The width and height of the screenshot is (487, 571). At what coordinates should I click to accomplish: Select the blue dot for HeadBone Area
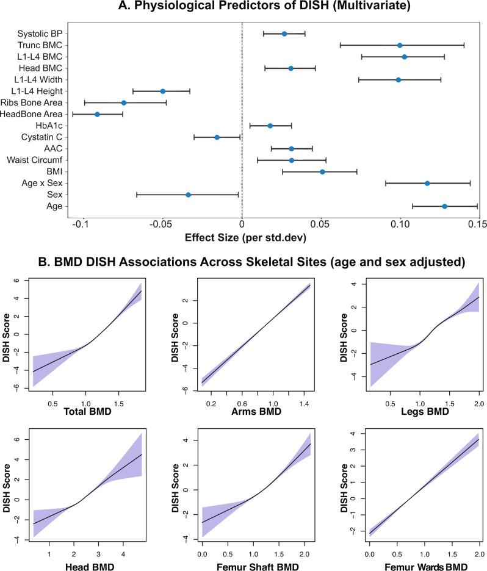97,114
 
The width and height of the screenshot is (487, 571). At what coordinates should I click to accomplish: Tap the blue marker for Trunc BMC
400,45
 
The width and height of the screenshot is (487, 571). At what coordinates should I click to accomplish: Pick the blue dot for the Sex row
188,195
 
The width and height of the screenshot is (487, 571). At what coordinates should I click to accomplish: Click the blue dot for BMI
322,172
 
